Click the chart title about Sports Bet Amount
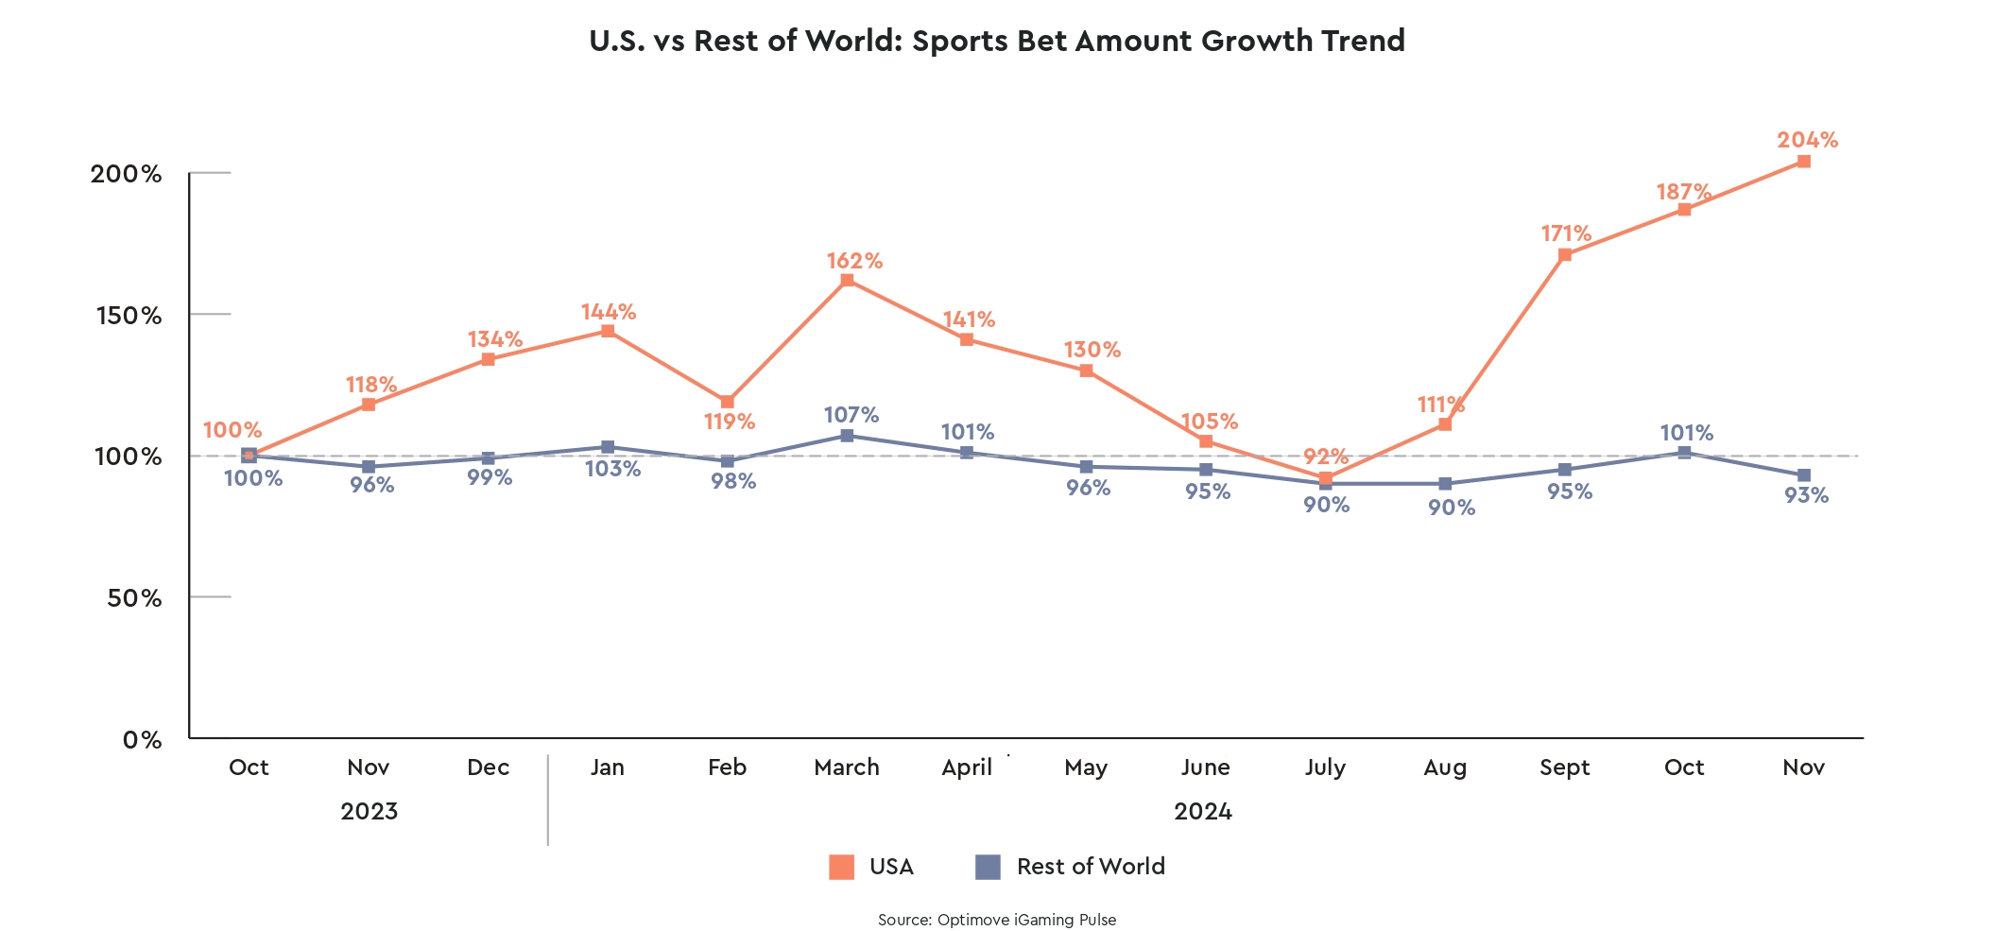point(997,41)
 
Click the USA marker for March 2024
point(847,280)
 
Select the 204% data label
point(1807,140)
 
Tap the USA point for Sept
point(1565,255)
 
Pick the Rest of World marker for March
point(847,436)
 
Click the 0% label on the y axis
point(142,739)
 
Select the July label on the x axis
point(1325,767)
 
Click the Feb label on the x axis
point(727,767)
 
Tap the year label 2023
point(369,811)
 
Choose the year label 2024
point(1202,811)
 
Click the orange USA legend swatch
point(841,867)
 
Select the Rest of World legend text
point(1091,867)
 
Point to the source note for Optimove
point(997,920)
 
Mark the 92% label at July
point(1325,457)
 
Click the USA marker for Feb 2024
point(727,402)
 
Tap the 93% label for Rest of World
point(1806,495)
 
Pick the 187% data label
point(1683,192)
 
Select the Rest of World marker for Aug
point(1445,484)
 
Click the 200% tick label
point(127,174)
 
